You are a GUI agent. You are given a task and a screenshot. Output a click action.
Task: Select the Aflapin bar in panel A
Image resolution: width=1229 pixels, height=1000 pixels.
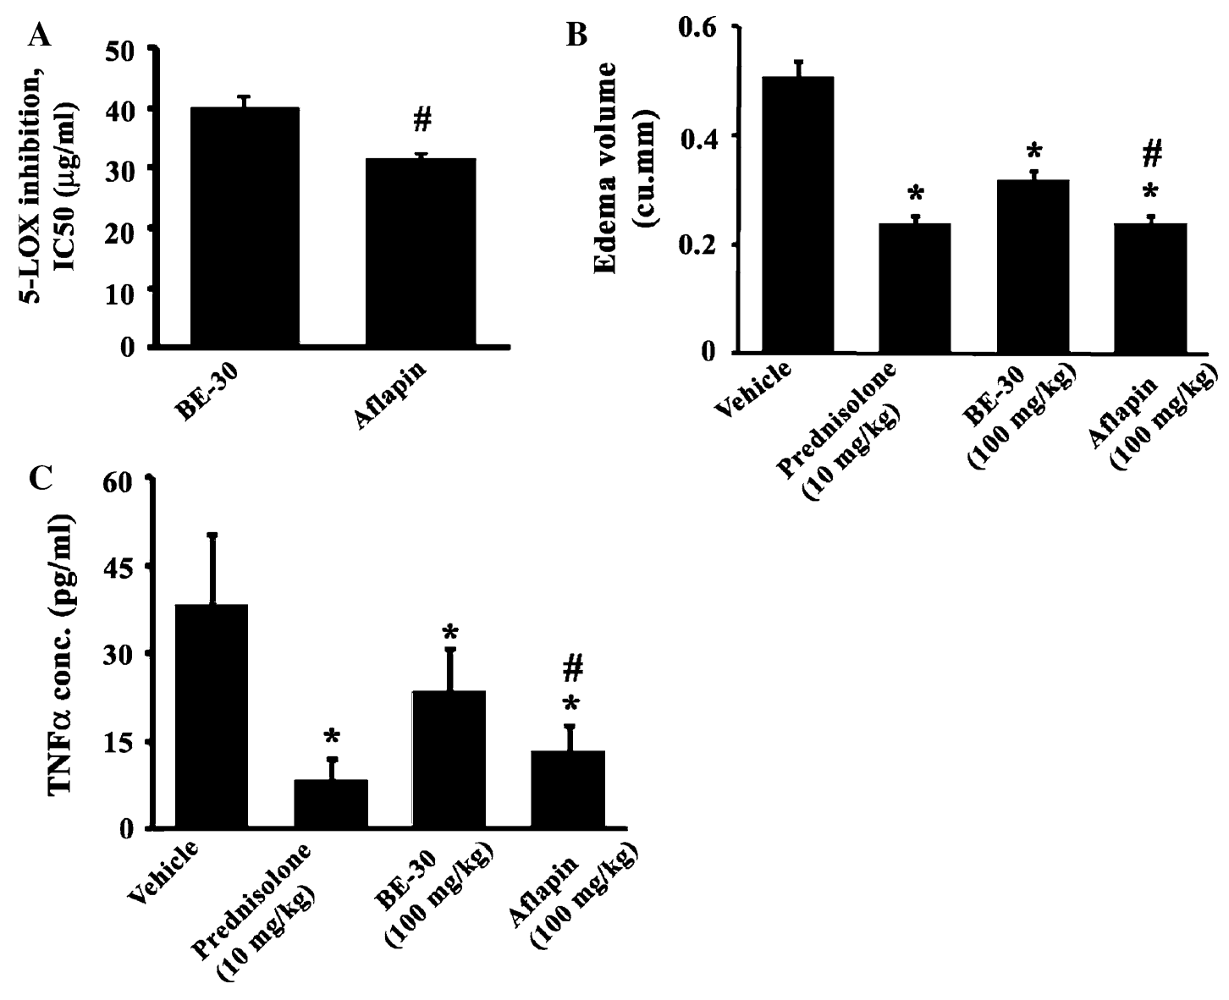(x=427, y=252)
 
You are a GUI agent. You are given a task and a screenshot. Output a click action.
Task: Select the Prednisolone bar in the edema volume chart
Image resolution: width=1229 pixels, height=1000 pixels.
(x=914, y=288)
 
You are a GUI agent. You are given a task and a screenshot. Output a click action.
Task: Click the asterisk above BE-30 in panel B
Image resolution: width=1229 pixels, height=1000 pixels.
(x=1033, y=154)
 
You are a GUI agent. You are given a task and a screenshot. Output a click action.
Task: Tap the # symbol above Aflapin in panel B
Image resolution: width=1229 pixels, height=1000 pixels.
(x=1151, y=154)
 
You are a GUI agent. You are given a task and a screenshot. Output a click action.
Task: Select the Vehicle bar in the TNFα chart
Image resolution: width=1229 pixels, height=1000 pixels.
(x=211, y=716)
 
